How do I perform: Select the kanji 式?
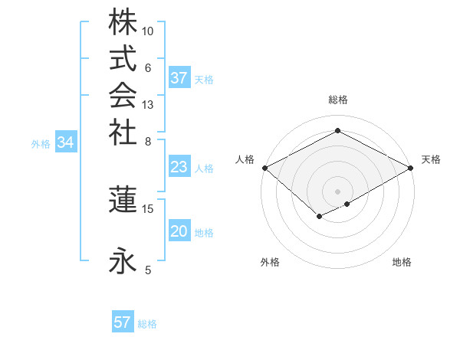[x=123, y=59]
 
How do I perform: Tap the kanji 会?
[x=123, y=95]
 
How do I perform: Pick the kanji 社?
[x=123, y=131]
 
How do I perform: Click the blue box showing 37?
[x=179, y=78]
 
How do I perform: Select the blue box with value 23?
[x=179, y=168]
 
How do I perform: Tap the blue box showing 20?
[x=179, y=232]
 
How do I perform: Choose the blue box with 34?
[x=66, y=142]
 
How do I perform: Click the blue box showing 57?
[x=122, y=322]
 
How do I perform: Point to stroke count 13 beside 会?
[x=148, y=104]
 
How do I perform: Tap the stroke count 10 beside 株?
[x=148, y=31]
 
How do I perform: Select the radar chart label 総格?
[x=338, y=100]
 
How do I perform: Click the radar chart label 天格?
[x=431, y=159]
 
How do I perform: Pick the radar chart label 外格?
[x=270, y=262]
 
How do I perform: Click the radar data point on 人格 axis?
[x=264, y=168]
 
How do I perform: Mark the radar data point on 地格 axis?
[x=347, y=204]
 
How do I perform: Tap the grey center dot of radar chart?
[x=338, y=191]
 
